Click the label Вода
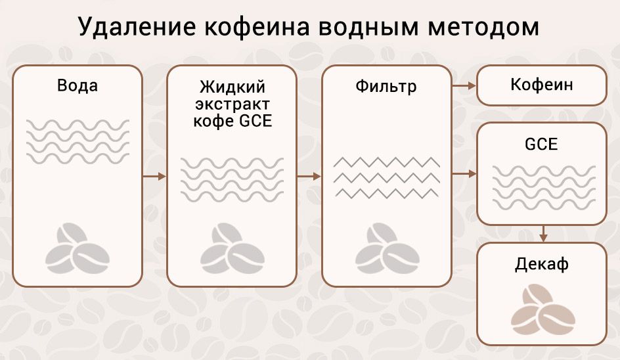77,85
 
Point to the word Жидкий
232,87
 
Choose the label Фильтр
386,86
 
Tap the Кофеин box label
542,85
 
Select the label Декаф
542,265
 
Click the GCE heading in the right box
542,144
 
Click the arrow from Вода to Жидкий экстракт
154,176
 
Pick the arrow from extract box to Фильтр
309,176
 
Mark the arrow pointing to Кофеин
464,85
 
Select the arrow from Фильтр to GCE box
464,173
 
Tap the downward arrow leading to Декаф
543,233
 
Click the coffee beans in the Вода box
77,248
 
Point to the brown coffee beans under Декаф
542,307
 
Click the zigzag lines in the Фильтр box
386,177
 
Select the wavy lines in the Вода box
77,141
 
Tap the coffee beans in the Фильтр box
386,248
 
